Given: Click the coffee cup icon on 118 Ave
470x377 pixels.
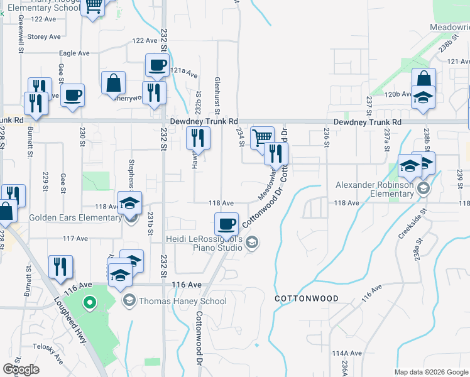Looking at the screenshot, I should (x=226, y=223).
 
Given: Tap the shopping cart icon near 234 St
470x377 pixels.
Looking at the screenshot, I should (x=261, y=136).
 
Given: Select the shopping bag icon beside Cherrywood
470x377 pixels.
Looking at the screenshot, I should (x=113, y=82).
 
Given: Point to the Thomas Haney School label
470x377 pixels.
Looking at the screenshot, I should (x=182, y=301).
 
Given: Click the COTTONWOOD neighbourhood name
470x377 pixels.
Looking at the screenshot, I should (x=307, y=298).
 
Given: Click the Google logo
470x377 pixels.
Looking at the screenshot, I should (x=21, y=369).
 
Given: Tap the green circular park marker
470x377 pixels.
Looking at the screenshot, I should (x=90, y=303).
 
